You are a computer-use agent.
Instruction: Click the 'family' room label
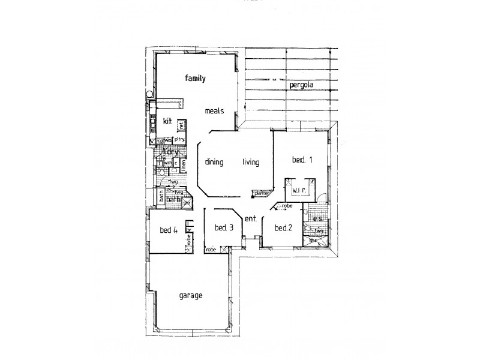point(196,78)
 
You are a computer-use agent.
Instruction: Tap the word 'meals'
point(214,111)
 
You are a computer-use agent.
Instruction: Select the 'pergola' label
point(301,85)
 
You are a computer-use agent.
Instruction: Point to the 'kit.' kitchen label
point(160,122)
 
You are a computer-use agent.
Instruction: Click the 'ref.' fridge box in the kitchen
point(181,125)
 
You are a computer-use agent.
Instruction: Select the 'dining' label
point(214,162)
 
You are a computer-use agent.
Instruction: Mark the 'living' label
point(251,162)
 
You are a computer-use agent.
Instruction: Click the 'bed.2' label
point(283,228)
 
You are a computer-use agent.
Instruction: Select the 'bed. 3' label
point(223,227)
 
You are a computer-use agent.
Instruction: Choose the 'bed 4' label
point(169,230)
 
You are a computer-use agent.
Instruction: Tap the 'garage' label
point(191,296)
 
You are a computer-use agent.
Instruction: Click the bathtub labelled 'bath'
point(162,196)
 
